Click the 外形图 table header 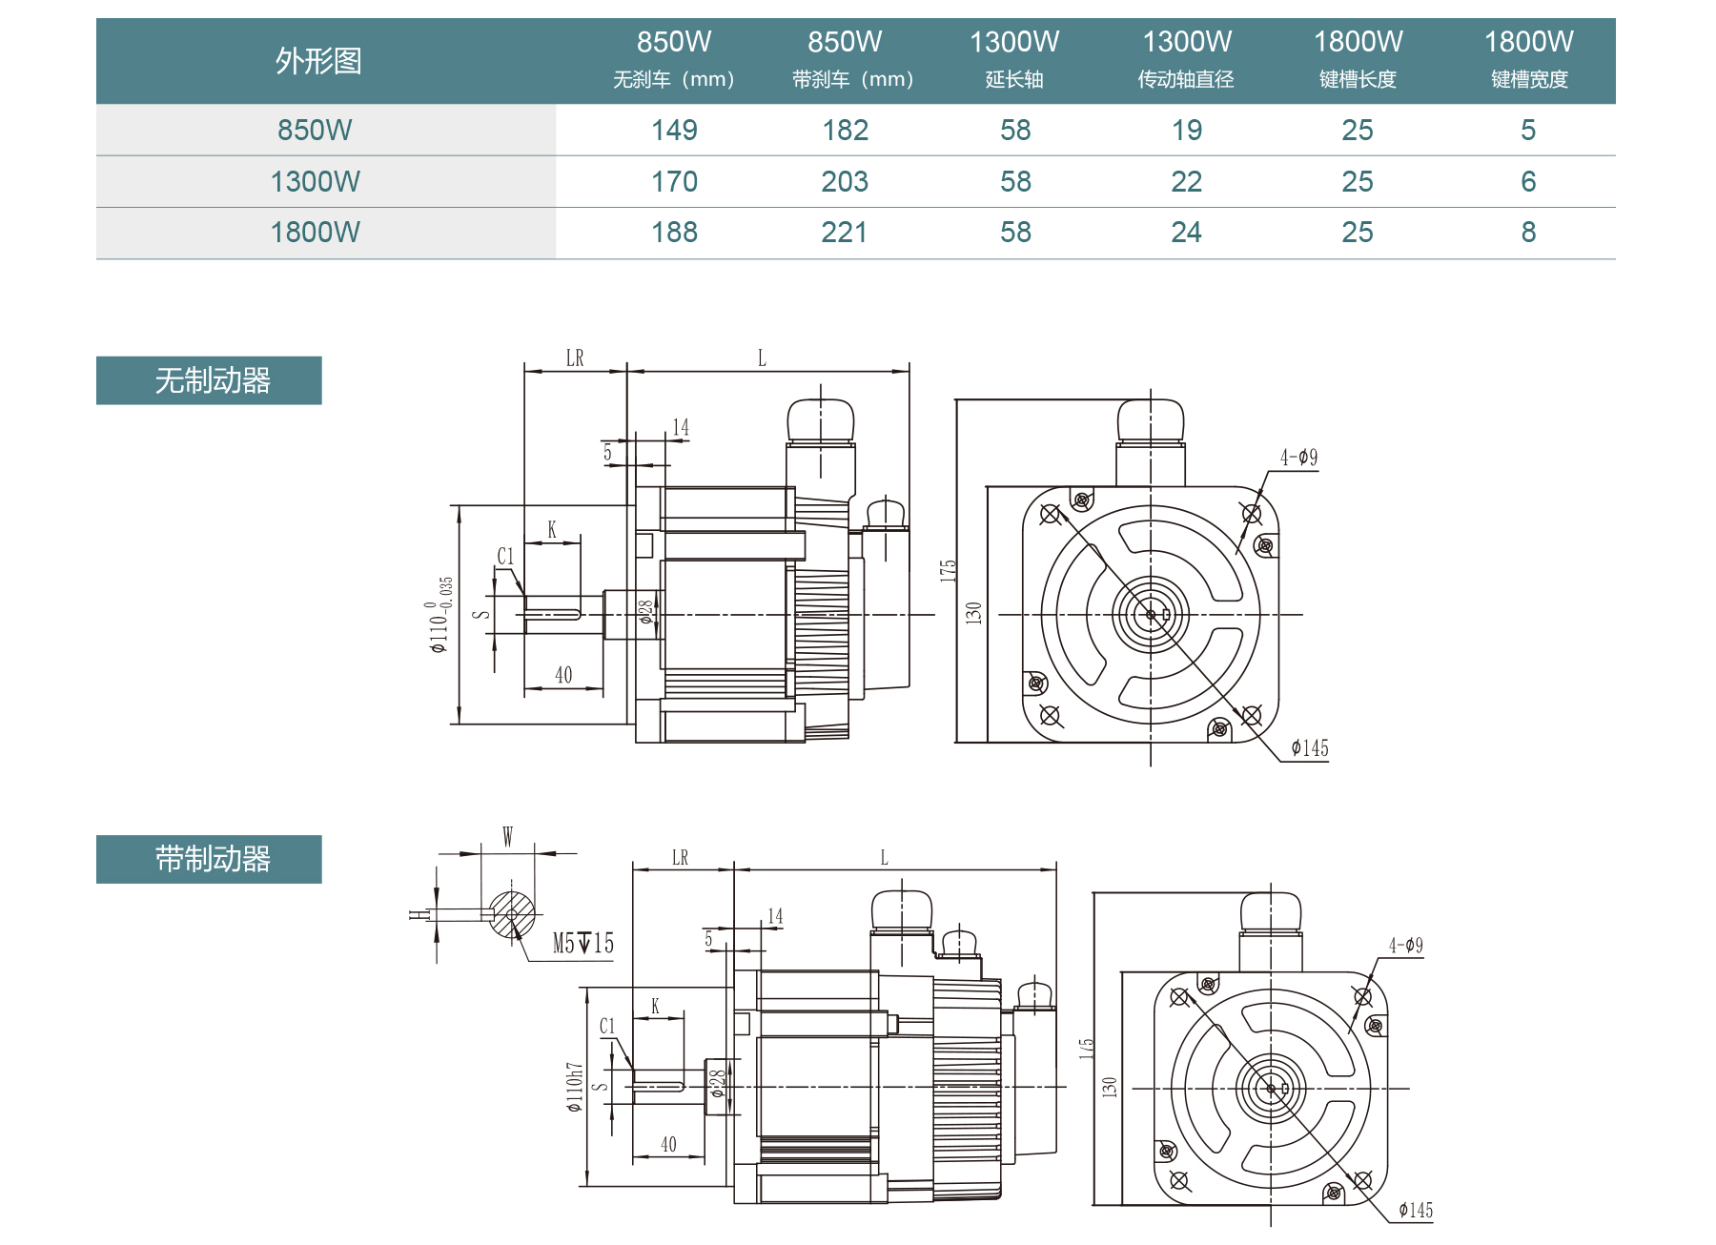point(318,61)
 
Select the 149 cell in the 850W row point(674,131)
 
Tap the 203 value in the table point(845,182)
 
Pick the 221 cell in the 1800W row point(845,233)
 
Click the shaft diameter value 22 point(1186,182)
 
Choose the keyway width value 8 point(1528,233)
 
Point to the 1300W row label point(316,182)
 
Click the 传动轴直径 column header point(1186,79)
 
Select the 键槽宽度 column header point(1529,79)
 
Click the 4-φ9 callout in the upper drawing point(1298,458)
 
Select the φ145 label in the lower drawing point(1416,1211)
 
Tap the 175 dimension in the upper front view point(948,570)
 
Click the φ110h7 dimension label point(574,1087)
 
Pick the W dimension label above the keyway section point(507,837)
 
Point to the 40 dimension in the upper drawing point(563,675)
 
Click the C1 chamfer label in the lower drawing point(607,1026)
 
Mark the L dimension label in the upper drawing point(762,358)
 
